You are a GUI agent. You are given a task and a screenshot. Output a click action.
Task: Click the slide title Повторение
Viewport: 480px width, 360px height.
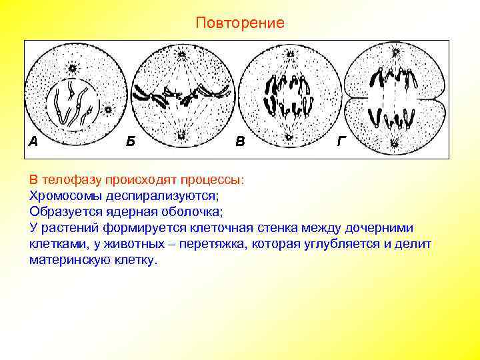click(240, 23)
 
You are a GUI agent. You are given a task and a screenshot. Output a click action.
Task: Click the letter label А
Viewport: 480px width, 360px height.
click(33, 141)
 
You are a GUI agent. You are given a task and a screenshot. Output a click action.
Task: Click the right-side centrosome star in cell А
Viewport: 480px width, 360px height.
click(108, 108)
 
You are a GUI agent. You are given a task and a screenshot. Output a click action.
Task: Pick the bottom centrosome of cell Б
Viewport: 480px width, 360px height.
click(181, 136)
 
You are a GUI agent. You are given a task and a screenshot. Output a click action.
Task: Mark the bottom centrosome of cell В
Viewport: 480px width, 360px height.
click(289, 136)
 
